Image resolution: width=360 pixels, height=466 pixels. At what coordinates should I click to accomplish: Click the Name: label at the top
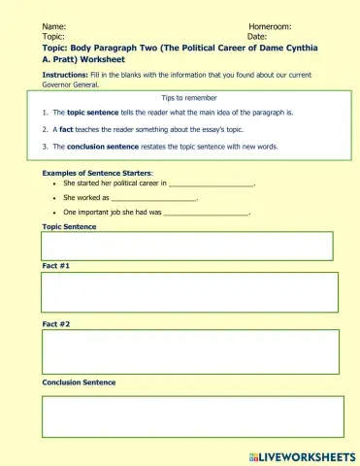[54, 26]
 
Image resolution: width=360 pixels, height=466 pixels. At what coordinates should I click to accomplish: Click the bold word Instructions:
[65, 75]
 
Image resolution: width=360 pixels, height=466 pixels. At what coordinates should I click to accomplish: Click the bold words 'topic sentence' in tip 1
[95, 113]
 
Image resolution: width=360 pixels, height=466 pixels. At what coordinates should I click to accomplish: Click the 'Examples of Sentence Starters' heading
[97, 172]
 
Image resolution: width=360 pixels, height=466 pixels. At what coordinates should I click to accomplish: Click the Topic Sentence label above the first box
[69, 225]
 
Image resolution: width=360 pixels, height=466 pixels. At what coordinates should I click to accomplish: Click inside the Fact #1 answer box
[189, 292]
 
